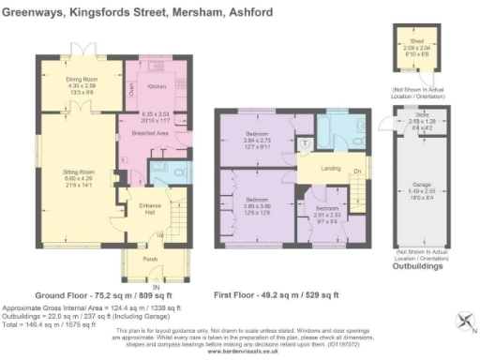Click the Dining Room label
pos(82,80)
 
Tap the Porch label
pos(148,260)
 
